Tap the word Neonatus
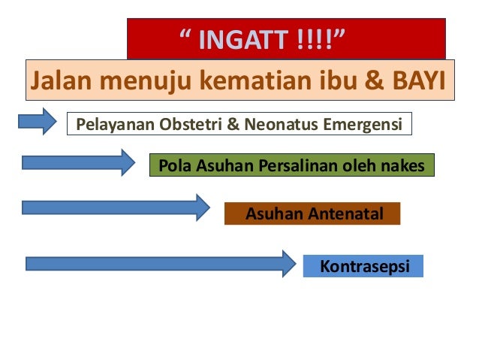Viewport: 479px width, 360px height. (280, 123)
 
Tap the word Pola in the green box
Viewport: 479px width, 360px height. (175, 165)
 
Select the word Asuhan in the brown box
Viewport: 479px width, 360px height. (274, 214)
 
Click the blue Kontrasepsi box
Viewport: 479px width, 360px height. (363, 266)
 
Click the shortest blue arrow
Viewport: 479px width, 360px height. (38, 121)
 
